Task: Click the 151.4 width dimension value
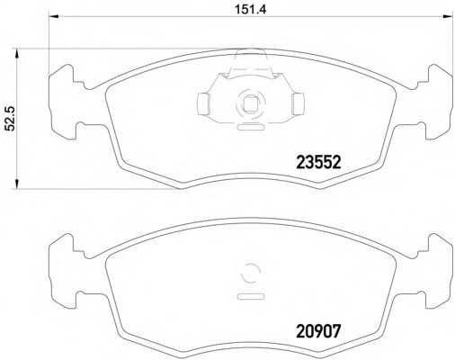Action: (250, 10)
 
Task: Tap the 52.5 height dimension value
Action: (11, 119)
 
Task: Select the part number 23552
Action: (318, 163)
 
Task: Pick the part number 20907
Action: (318, 331)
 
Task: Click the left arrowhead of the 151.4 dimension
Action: (53, 16)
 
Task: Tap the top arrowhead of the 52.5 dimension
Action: (17, 54)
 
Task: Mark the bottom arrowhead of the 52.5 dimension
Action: (17, 184)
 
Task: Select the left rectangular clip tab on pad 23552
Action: (203, 103)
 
